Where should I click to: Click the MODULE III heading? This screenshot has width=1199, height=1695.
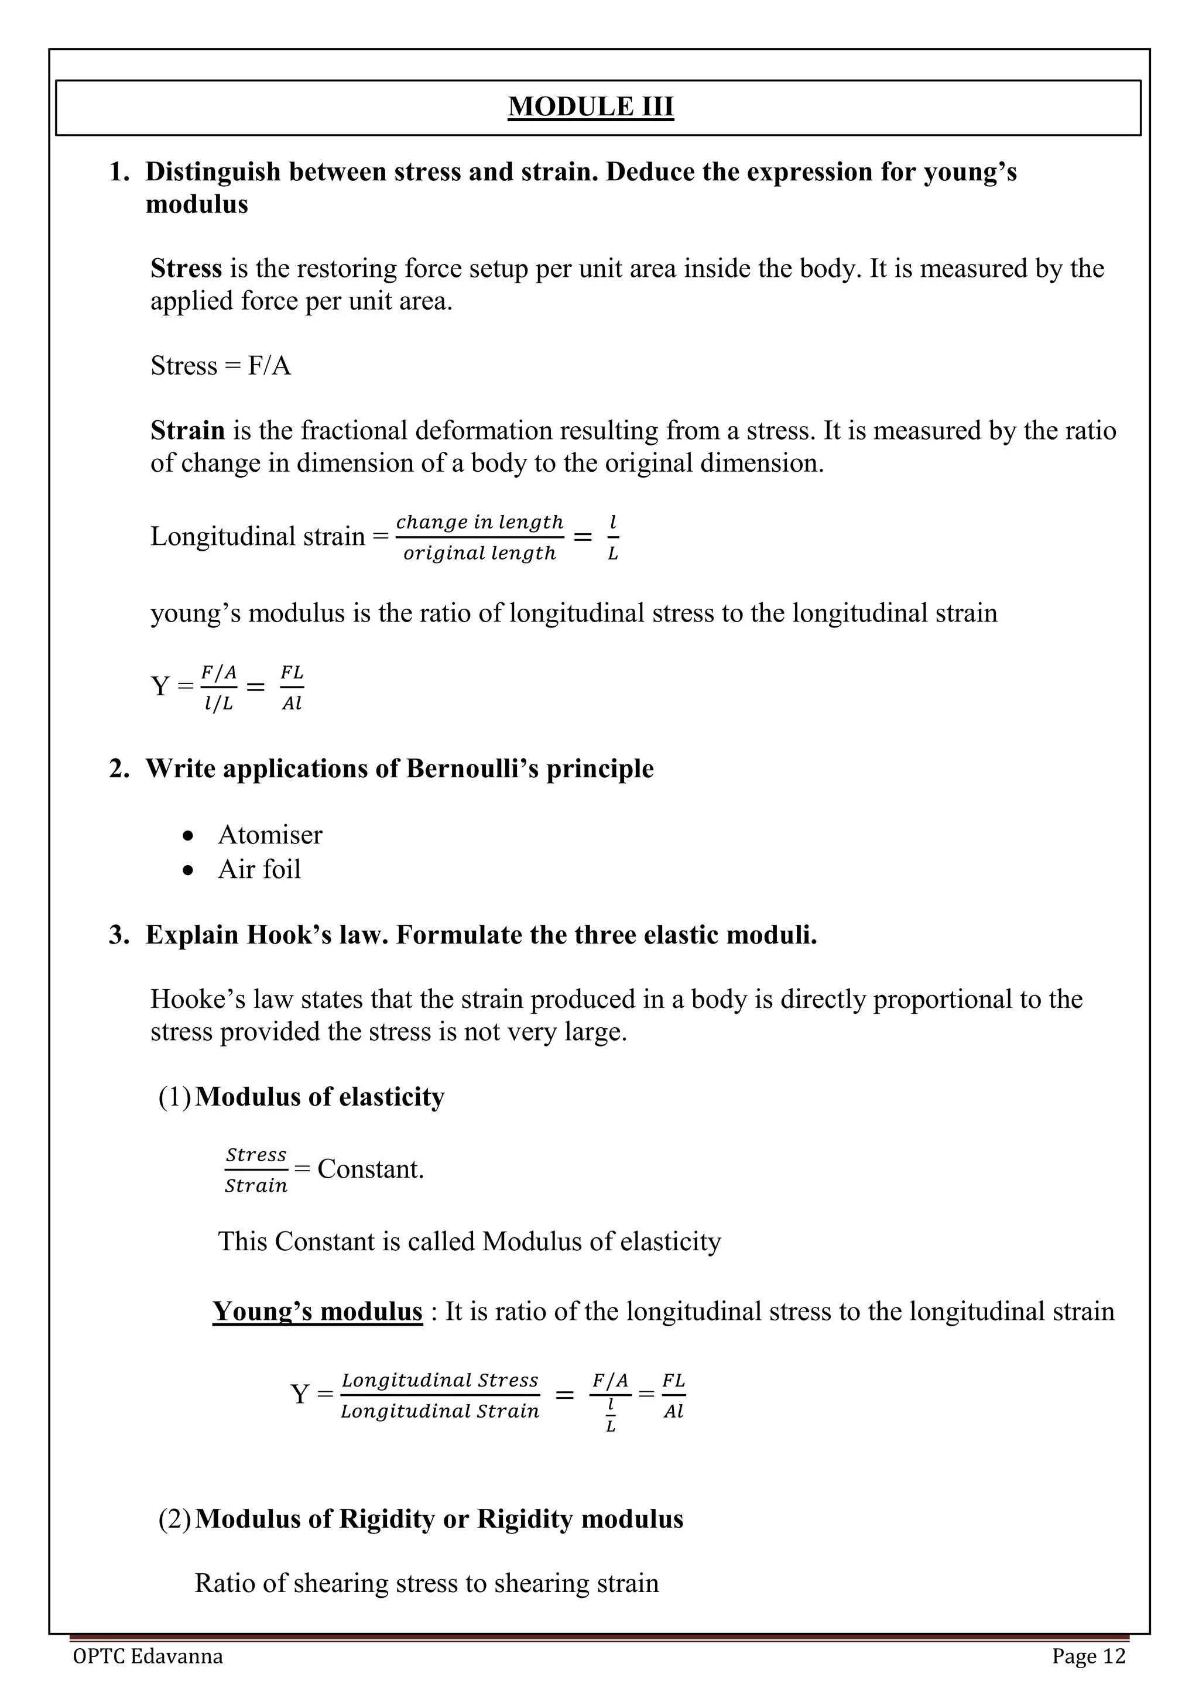point(591,107)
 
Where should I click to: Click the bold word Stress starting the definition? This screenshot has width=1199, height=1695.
point(186,269)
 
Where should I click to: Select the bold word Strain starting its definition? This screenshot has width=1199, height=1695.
point(187,430)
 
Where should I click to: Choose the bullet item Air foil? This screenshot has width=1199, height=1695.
point(259,870)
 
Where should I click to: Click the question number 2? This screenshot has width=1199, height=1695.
point(119,769)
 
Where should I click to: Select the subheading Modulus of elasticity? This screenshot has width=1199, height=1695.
point(320,1097)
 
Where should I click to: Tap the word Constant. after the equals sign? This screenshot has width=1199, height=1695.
point(371,1169)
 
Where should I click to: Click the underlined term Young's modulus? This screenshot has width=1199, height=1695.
point(317,1312)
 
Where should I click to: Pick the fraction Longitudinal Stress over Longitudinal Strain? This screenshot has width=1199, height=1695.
point(440,1395)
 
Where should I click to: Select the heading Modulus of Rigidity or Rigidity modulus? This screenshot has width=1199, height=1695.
point(439,1519)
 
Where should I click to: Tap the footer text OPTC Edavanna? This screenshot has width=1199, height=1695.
point(148,1656)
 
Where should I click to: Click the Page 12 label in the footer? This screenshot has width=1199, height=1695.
point(1089,1656)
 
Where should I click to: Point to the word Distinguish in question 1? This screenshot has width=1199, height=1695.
point(213,172)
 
